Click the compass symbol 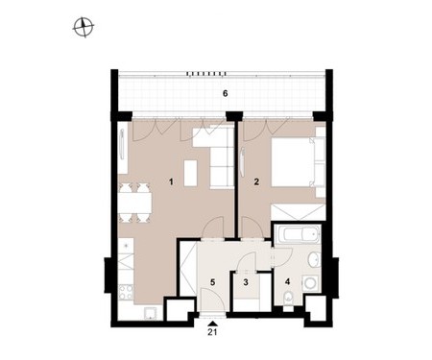(x=84, y=27)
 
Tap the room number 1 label (x=171, y=182)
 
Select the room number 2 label (x=256, y=182)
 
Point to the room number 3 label (x=246, y=282)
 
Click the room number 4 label (x=287, y=281)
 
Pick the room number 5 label (x=212, y=282)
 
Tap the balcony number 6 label (x=226, y=94)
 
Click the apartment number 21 (x=212, y=332)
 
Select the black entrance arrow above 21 (x=212, y=324)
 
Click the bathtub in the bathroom (x=298, y=235)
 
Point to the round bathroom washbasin (x=314, y=259)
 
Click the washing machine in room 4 (x=311, y=283)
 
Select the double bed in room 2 (x=298, y=162)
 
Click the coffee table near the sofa (x=191, y=173)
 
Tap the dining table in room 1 (x=134, y=203)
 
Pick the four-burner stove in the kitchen (x=126, y=293)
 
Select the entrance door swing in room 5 (x=212, y=300)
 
